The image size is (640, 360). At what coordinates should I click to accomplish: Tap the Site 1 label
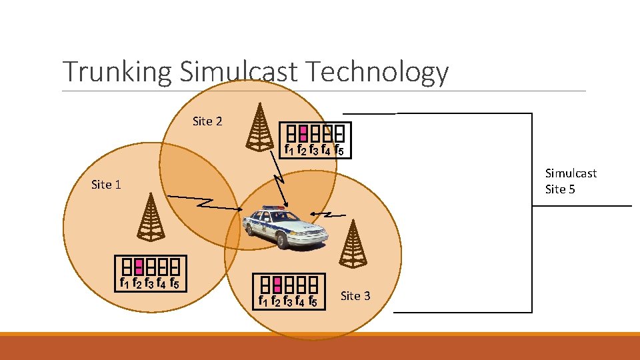click(106, 184)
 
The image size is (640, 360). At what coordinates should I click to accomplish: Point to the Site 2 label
click(207, 121)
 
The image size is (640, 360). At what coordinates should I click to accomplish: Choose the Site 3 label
click(355, 295)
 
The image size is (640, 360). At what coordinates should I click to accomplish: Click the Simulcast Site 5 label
click(571, 181)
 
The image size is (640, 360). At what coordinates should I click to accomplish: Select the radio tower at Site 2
click(259, 126)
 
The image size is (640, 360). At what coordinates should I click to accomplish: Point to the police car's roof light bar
click(273, 209)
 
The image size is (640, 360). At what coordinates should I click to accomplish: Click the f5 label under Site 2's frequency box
click(339, 150)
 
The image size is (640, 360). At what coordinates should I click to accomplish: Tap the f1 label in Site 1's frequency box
click(123, 283)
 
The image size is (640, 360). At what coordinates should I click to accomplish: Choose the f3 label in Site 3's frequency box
click(288, 301)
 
